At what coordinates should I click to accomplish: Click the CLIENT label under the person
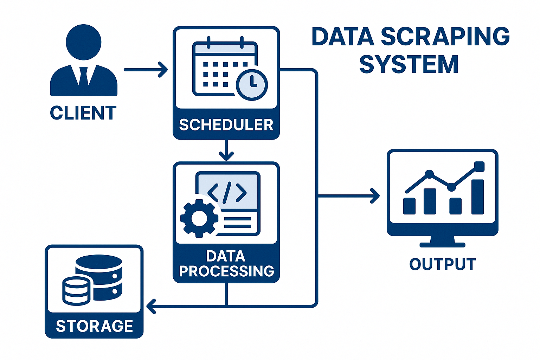click(83, 113)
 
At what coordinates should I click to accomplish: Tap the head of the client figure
click(84, 42)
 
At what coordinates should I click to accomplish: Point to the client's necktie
click(84, 75)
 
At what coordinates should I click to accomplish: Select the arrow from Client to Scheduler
click(146, 70)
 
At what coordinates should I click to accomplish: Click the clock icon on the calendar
click(252, 84)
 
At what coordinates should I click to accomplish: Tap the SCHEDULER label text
click(226, 125)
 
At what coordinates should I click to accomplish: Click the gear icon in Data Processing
click(199, 218)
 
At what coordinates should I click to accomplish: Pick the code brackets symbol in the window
click(227, 192)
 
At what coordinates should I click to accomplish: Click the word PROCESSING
click(226, 271)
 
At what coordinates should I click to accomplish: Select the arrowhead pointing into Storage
click(151, 306)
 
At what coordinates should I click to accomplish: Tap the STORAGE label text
click(94, 326)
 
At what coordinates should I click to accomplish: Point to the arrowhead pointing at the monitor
click(375, 195)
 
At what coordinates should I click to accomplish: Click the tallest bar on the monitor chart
click(477, 197)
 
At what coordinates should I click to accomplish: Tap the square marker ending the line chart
click(479, 166)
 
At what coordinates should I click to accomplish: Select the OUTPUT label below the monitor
click(442, 264)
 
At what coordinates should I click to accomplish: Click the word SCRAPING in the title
click(445, 37)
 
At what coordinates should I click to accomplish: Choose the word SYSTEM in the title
click(409, 64)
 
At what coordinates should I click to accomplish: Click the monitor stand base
click(442, 244)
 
